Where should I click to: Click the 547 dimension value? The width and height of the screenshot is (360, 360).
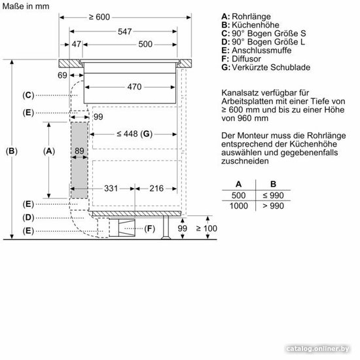124,31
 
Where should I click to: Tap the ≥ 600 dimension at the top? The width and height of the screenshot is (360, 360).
99,17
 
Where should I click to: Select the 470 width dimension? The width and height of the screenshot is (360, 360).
134,87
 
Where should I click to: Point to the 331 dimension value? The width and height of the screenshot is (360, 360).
111,189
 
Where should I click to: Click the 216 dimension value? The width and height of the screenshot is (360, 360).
156,189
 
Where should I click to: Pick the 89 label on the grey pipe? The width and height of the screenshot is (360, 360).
79,151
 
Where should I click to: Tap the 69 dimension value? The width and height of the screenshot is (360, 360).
62,75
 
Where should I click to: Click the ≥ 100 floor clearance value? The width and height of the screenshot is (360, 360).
206,228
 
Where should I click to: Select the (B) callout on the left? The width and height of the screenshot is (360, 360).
12,151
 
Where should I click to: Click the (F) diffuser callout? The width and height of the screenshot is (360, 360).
150,228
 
